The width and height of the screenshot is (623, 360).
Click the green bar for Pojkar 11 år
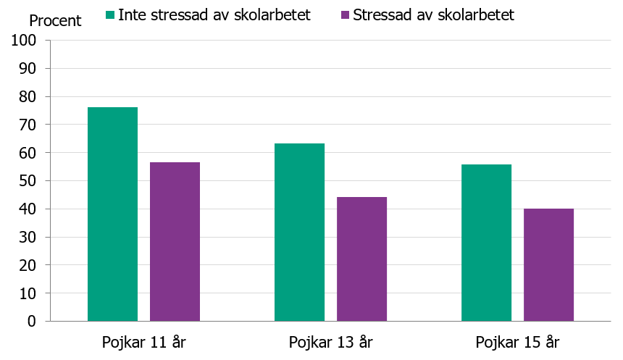(112, 214)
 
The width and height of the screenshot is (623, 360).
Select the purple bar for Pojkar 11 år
(175, 242)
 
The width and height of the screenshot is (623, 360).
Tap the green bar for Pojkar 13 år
(299, 233)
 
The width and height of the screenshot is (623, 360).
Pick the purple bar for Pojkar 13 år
(361, 259)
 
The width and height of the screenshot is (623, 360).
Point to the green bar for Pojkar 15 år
(486, 243)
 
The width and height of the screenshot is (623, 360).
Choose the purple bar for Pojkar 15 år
(548, 265)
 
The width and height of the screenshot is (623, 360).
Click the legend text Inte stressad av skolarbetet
(214, 15)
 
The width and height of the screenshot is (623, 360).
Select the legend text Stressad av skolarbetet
(433, 15)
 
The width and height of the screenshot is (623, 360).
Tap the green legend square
(110, 15)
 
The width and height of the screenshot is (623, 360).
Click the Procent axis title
(55, 21)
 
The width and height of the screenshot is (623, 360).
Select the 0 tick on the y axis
(32, 322)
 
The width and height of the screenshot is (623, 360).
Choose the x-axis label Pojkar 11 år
(143, 342)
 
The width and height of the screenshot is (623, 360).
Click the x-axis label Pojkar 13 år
(330, 342)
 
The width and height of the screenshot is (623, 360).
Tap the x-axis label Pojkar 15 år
(517, 342)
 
